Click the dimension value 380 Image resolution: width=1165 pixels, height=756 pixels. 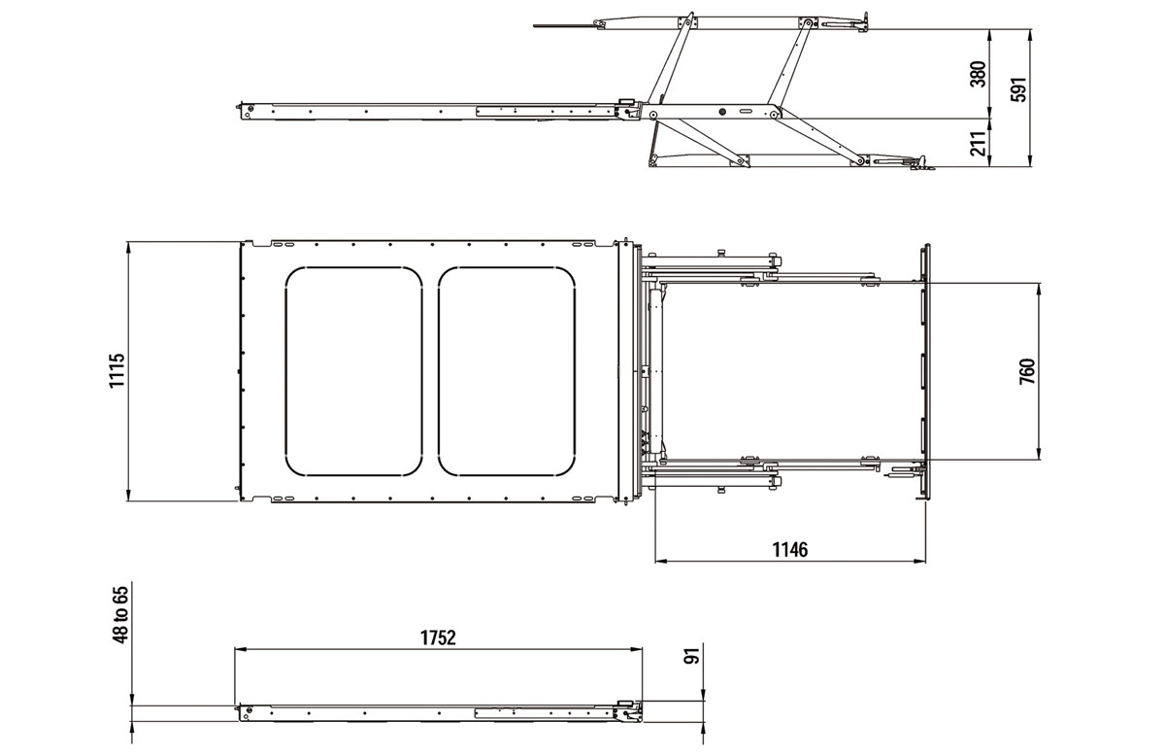(x=979, y=75)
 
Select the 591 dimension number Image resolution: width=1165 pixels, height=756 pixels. (x=1019, y=89)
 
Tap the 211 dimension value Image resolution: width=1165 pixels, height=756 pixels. (x=979, y=143)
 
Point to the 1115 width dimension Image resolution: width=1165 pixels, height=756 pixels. (x=117, y=370)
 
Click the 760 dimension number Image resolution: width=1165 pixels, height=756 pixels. (x=1027, y=372)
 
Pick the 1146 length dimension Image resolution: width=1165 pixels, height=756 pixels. (x=790, y=549)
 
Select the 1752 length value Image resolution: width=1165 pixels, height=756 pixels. (x=438, y=637)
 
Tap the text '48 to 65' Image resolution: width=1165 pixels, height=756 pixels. (x=120, y=615)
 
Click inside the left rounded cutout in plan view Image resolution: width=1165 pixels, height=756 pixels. (x=353, y=372)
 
